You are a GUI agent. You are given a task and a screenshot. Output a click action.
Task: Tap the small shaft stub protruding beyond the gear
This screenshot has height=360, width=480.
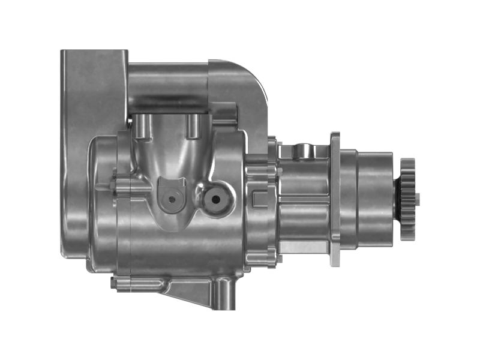tap(418, 199)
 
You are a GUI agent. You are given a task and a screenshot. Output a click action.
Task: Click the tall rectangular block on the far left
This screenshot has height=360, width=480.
tap(75, 150)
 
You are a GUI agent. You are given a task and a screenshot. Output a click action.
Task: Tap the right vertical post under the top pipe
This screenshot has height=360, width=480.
tap(193, 125)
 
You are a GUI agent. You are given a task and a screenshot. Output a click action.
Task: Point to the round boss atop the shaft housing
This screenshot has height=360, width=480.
tap(305, 149)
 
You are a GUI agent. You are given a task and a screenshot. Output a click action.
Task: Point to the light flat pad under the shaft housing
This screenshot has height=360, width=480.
tap(303, 246)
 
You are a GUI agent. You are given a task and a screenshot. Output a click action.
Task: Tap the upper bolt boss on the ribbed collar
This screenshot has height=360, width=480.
tap(272, 144)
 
